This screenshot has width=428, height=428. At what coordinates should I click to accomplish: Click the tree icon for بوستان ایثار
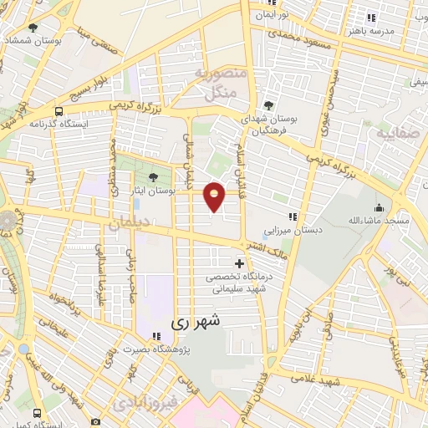[x=153, y=177]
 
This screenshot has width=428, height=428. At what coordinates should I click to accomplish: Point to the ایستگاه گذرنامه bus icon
[x=59, y=111]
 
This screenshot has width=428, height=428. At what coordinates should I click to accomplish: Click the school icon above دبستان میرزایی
[x=292, y=216]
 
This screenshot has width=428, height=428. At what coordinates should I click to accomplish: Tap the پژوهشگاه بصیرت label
[x=156, y=349]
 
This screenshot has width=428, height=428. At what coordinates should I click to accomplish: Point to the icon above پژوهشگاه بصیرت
[x=156, y=336]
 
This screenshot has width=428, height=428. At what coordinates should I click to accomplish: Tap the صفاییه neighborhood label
[x=394, y=133]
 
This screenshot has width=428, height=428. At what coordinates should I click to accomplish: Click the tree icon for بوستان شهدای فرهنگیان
[x=267, y=105]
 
